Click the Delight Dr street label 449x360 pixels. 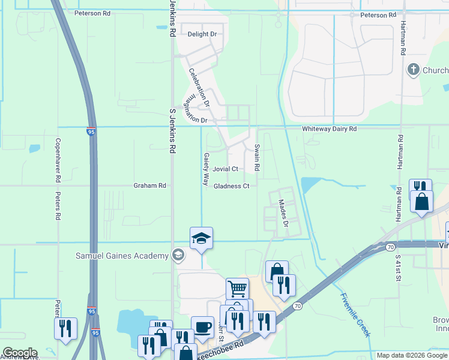[202, 34]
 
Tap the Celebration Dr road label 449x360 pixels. [199, 88]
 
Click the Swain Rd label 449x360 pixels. [256, 158]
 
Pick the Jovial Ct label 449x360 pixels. [226, 169]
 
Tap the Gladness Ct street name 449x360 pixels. [231, 187]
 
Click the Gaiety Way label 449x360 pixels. [206, 168]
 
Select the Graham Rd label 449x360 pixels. [149, 186]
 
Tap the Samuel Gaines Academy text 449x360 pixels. [122, 256]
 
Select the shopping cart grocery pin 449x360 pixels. [237, 289]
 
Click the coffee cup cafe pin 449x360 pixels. [202, 328]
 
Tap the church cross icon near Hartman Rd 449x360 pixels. [413, 70]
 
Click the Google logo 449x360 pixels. [19, 353]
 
